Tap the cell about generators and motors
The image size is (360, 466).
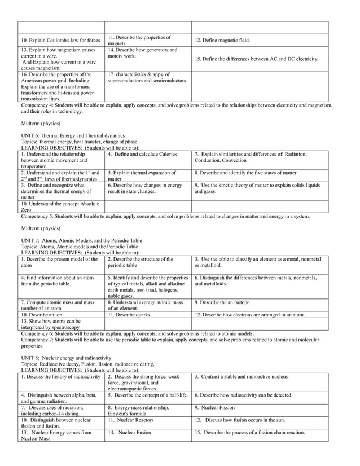coord(148,54)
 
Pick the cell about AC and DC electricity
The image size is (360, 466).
coord(256,59)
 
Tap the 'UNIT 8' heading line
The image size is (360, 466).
coord(66,358)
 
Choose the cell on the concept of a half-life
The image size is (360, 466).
coord(147,395)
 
